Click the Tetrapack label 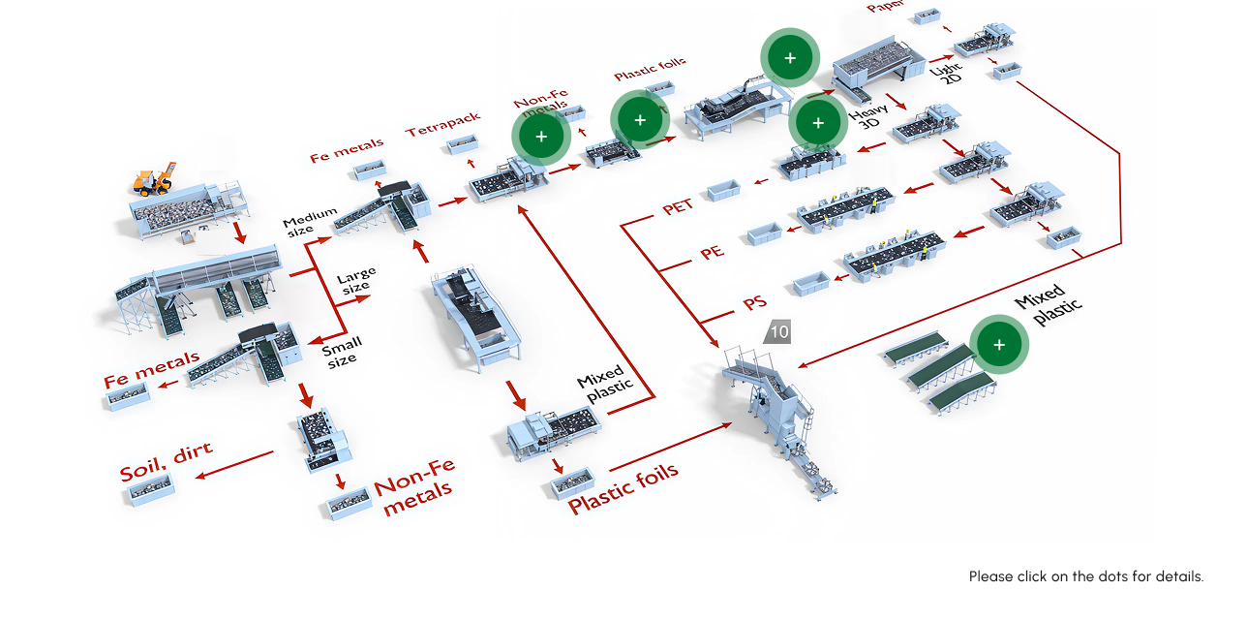[442, 124]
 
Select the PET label [678, 207]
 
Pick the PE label [712, 253]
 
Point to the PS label [754, 304]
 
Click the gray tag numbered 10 [778, 332]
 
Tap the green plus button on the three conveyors [999, 344]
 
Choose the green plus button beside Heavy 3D [818, 123]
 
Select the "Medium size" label [310, 221]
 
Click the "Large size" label [355, 280]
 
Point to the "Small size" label [342, 351]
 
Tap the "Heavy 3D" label [869, 117]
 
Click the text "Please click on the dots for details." [1086, 576]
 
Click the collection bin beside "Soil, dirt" [152, 491]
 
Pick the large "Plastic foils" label [623, 489]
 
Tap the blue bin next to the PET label [724, 191]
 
